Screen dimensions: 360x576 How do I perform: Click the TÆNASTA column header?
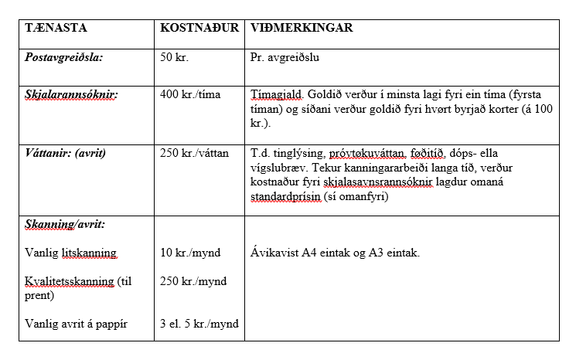(56, 28)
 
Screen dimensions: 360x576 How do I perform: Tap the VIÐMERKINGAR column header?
(302, 28)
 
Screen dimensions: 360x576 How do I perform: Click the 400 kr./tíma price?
(190, 95)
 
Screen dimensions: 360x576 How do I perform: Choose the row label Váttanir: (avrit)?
(65, 153)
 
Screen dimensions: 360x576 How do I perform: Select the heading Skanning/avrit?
(65, 224)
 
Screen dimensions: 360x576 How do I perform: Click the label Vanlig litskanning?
(71, 253)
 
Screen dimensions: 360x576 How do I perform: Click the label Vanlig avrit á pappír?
(76, 324)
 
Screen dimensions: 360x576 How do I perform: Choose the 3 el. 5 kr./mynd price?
(199, 324)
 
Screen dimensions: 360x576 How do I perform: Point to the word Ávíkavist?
(274, 253)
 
